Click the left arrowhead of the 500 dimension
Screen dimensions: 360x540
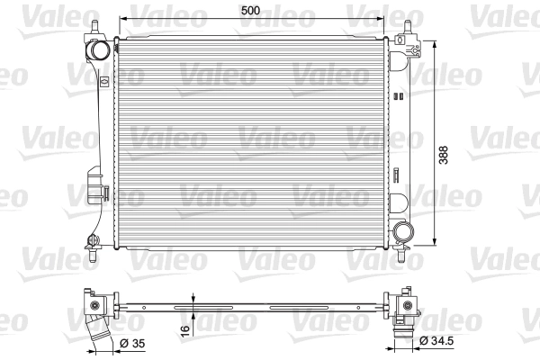click(x=121, y=18)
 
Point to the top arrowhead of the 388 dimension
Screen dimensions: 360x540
click(x=435, y=42)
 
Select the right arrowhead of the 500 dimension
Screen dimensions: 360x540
click(x=385, y=18)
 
